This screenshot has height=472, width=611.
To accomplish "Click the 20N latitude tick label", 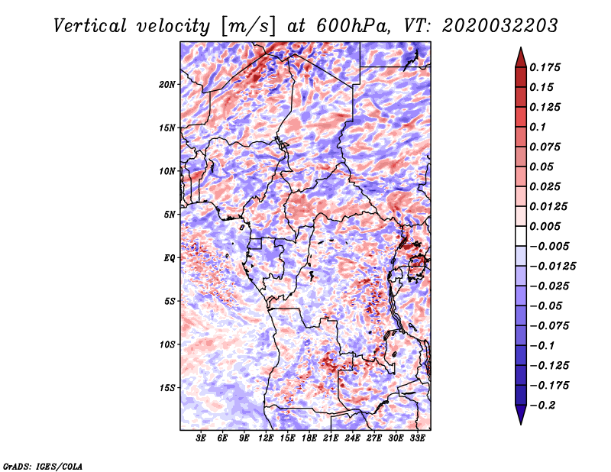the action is point(167,84).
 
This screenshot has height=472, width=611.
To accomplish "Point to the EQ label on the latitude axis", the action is point(170,258).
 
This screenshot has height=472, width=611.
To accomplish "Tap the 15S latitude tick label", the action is point(167,388).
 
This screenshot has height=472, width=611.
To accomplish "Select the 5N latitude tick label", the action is point(170,215).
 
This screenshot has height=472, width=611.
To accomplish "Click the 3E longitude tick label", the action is point(201,438).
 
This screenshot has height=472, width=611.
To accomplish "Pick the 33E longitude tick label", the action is point(417,438).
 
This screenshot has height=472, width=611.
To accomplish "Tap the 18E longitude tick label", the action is point(309,438).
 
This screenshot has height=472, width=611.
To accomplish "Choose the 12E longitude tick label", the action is point(266,438).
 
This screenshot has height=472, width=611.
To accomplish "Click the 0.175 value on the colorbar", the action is point(545,67).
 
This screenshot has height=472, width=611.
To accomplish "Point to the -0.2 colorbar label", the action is point(542,406).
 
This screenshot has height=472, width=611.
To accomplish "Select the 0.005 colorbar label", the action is point(545,226).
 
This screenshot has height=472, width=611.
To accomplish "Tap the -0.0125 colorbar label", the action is point(552,267).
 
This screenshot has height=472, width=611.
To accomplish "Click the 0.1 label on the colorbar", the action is point(538,127).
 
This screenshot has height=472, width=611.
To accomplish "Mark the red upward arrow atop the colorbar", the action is point(521,57).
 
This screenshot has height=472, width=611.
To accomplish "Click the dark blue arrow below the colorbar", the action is point(521,415).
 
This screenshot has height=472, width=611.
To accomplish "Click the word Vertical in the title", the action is point(90,26).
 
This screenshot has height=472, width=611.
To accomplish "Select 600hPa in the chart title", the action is point(353,26).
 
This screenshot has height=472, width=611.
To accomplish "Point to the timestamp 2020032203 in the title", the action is point(500,26).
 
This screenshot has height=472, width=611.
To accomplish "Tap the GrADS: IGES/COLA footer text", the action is point(43,466).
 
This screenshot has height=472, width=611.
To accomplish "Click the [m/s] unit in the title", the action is point(249,26).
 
